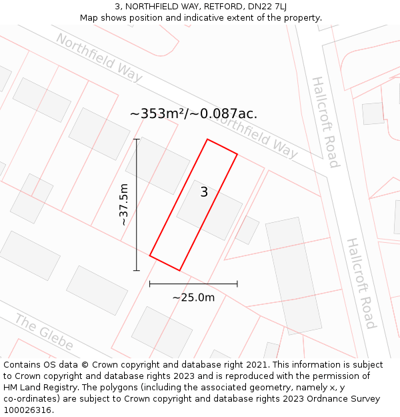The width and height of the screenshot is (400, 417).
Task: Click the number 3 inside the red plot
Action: (x=204, y=192)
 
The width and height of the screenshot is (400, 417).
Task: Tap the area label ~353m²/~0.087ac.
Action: (x=193, y=113)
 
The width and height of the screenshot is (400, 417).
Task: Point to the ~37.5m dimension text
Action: (x=123, y=205)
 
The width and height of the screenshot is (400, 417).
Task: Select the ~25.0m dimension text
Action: (x=193, y=298)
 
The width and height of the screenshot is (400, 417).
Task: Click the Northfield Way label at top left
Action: (x=99, y=57)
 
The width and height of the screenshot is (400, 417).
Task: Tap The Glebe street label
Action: (x=44, y=332)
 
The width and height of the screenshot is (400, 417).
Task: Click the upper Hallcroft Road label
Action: (x=325, y=122)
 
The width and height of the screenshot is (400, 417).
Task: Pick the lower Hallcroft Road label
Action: (x=361, y=283)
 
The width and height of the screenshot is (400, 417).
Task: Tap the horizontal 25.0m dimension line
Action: (x=193, y=284)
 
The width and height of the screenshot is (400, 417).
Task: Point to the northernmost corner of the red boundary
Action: (x=207, y=139)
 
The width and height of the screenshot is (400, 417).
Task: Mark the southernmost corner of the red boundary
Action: (x=179, y=270)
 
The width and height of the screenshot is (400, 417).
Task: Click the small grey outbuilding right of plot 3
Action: (x=248, y=230)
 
